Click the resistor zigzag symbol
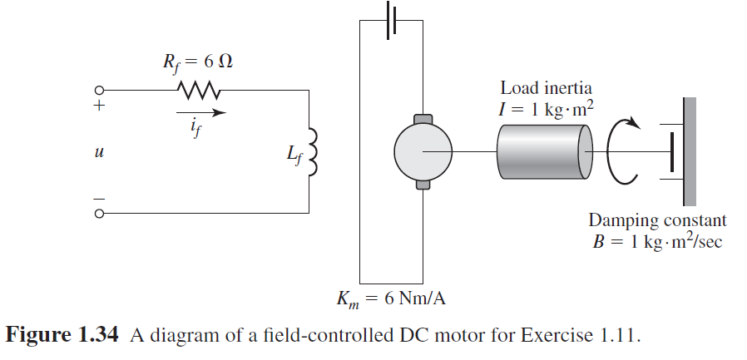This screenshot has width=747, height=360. [x=196, y=89]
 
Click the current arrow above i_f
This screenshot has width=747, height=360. [x=200, y=111]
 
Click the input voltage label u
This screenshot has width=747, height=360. [x=101, y=154]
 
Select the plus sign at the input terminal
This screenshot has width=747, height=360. [x=100, y=106]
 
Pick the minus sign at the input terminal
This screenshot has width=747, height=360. [x=100, y=199]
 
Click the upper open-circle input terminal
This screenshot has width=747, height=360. [x=100, y=90]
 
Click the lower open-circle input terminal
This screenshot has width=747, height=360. [x=100, y=214]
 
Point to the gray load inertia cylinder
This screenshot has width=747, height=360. [x=543, y=152]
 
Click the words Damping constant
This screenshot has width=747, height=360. [x=657, y=220]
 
